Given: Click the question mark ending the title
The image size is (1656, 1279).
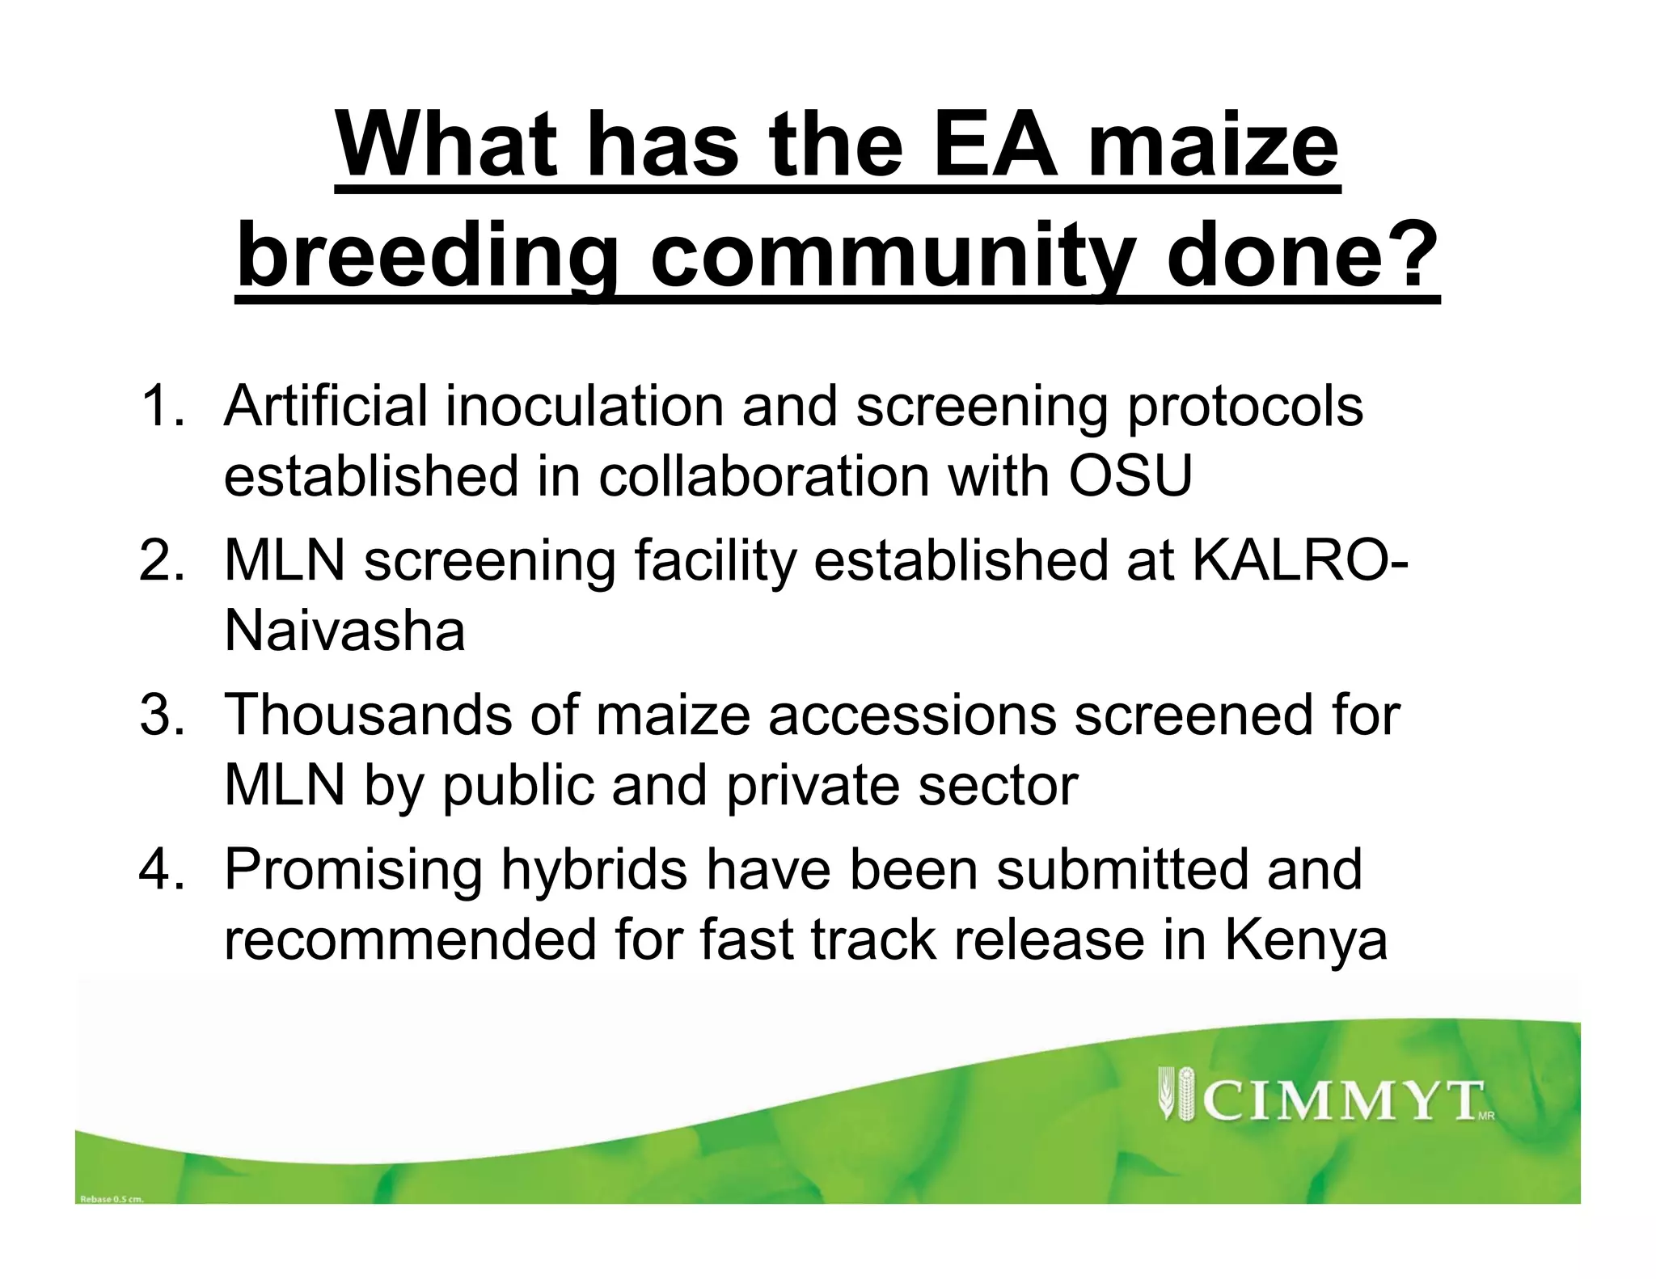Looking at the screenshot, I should (1411, 257).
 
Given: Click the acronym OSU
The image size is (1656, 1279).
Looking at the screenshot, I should (1130, 476).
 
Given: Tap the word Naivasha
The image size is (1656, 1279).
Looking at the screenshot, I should (344, 631).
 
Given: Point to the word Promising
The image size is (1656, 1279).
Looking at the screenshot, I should (353, 870).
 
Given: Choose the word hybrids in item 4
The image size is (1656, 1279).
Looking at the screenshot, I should (594, 870).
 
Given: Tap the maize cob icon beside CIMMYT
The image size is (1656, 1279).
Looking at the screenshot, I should (1178, 1093).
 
